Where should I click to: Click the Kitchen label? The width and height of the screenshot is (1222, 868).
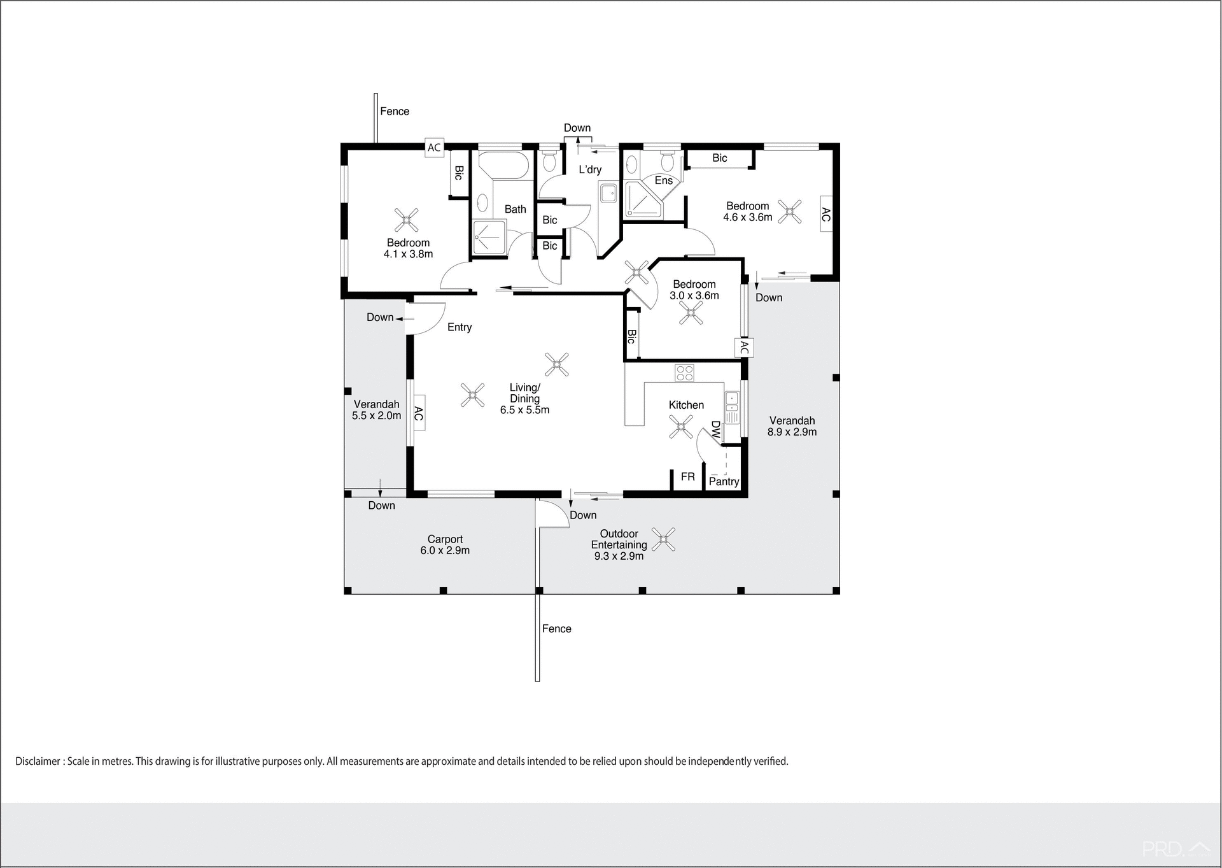coord(685,405)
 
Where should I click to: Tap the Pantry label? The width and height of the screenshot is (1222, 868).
coord(724,482)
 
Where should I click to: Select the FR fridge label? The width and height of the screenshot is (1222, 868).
coord(687,477)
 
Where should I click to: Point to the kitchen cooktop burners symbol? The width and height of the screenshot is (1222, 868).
coord(684,373)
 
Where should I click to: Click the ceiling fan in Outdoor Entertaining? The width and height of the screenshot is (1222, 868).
coord(664,540)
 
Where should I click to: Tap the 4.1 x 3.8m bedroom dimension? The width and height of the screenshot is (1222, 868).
coord(408,254)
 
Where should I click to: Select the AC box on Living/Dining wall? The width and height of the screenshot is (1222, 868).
coord(418,413)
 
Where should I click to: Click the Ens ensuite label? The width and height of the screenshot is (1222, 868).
coord(663,181)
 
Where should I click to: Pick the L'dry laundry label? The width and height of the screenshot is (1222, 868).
coord(589,169)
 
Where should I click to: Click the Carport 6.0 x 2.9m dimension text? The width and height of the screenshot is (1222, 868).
coord(445,551)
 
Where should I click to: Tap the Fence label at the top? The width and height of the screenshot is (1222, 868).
coord(395,111)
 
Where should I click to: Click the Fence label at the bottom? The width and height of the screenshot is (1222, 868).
coord(556,629)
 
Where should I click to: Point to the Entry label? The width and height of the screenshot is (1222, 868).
coord(459,327)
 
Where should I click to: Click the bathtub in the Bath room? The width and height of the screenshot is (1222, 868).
coord(503,166)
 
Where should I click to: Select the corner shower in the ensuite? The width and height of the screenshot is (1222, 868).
coord(642,199)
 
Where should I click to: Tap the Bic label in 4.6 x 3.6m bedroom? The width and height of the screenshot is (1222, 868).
coord(719,158)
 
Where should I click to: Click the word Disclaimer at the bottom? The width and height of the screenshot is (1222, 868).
coord(38,762)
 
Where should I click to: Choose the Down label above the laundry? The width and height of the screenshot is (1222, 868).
coord(577,128)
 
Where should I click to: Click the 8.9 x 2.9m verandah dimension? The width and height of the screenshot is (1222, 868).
coord(792,432)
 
